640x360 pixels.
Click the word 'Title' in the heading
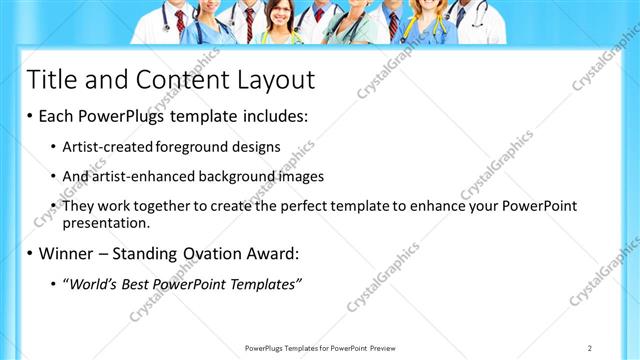pos(50,80)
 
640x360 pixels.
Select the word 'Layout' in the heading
pos(271,80)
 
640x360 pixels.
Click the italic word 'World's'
pos(95,285)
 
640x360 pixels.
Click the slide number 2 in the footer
pos(589,347)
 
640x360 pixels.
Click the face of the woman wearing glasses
pos(281,17)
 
